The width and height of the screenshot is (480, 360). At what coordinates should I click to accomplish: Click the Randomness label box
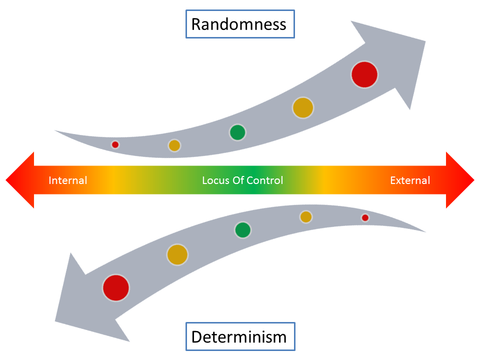[x=239, y=24]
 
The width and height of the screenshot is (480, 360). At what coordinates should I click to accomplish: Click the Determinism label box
[x=239, y=336]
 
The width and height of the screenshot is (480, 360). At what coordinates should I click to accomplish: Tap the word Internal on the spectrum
[x=67, y=180]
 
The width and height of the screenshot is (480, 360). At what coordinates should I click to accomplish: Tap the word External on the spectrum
[x=410, y=180]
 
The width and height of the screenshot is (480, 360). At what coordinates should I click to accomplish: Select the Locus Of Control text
[x=242, y=180]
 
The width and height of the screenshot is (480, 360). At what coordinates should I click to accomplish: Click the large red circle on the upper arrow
[x=364, y=74]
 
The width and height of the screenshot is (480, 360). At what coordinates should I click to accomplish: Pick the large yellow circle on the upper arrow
[x=302, y=107]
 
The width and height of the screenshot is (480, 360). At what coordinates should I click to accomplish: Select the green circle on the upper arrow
[x=237, y=132]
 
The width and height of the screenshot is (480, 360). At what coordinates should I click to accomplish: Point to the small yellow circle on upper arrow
[x=174, y=145]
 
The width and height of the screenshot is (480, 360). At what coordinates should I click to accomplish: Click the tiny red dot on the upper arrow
[x=115, y=144]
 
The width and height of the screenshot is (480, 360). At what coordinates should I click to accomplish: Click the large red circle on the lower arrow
[x=116, y=288]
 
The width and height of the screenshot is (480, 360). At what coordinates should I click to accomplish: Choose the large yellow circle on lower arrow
[x=177, y=254]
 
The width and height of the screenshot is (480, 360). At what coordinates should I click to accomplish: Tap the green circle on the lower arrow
[x=242, y=230]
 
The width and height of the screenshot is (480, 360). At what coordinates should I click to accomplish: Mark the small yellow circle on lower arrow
[x=306, y=216]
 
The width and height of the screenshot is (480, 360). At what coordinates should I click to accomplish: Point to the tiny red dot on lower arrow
[x=365, y=217]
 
